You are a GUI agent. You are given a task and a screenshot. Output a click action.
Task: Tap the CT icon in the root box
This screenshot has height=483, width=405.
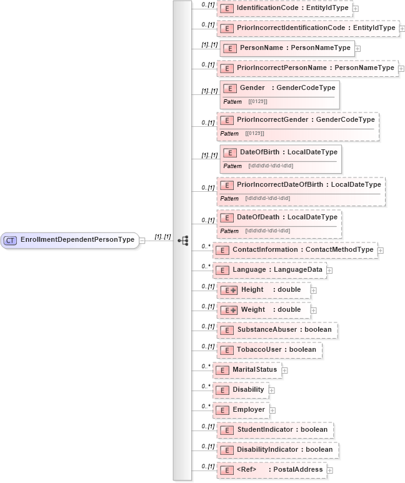(11, 240)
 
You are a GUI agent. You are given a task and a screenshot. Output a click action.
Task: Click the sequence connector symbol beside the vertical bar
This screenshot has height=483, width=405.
(183, 240)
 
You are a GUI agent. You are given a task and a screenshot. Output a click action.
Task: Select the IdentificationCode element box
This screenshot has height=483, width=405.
(284, 8)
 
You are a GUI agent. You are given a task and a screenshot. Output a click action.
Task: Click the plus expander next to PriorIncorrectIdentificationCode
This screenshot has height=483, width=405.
(402, 28)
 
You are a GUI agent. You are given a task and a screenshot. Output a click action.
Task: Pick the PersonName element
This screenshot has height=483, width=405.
(287, 47)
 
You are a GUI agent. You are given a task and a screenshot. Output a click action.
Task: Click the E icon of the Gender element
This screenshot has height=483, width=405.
(229, 88)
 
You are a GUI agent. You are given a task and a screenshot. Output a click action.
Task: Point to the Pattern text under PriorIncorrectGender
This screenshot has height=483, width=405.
(229, 133)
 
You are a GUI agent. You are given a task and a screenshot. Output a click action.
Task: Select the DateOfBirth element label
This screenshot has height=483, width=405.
(289, 152)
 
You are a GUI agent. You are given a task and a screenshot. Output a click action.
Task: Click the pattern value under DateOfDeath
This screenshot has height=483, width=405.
(269, 231)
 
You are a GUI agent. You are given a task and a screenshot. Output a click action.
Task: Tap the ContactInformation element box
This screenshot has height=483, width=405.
(294, 250)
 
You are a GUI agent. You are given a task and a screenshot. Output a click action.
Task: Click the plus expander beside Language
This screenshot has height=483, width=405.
(329, 271)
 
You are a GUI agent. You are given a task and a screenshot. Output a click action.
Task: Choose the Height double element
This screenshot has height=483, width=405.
(262, 290)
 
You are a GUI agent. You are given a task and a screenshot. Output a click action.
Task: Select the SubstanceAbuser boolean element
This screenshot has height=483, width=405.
(277, 330)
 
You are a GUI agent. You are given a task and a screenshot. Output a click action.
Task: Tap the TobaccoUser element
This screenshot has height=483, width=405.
(269, 350)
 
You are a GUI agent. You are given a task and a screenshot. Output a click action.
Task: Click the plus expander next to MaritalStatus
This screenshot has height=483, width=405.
(284, 371)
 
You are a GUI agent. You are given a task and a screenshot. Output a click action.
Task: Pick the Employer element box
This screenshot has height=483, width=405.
(241, 410)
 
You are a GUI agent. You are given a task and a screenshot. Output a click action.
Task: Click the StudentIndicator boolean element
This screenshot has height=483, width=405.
(274, 430)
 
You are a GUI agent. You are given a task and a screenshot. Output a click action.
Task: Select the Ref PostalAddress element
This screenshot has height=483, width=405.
(271, 470)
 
